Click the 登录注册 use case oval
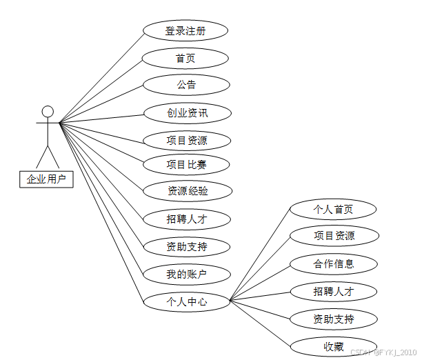pyautogui.click(x=185, y=31)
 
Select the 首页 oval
pyautogui.click(x=185, y=59)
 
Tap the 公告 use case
pyautogui.click(x=185, y=85)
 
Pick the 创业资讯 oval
pyautogui.click(x=186, y=113)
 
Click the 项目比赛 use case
pyautogui.click(x=186, y=164)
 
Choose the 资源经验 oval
pyautogui.click(x=186, y=191)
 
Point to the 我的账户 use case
pyautogui.click(x=186, y=274)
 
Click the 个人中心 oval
pyautogui.click(x=186, y=301)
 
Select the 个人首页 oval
pyautogui.click(x=334, y=209)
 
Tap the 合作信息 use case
pyautogui.click(x=334, y=263)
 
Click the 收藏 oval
pyautogui.click(x=334, y=346)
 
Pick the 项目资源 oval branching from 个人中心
pyautogui.click(x=334, y=236)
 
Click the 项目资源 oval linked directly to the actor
pyautogui.click(x=186, y=141)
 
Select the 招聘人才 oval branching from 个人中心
pyautogui.click(x=334, y=291)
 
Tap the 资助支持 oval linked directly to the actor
pyautogui.click(x=186, y=246)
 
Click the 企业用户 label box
pyautogui.click(x=46, y=179)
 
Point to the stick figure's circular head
pyautogui.click(x=47, y=111)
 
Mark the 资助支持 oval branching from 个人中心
pyautogui.click(x=334, y=319)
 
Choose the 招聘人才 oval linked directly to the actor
pyautogui.click(x=186, y=219)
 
